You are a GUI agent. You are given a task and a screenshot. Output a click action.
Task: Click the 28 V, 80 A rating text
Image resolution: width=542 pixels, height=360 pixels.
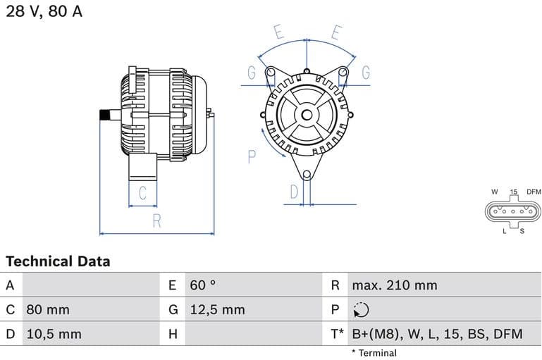(44, 12)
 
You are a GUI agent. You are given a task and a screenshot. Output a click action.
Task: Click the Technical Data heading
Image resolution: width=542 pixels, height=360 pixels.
(58, 261)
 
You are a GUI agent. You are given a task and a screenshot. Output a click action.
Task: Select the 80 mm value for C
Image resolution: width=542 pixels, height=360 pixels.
(48, 309)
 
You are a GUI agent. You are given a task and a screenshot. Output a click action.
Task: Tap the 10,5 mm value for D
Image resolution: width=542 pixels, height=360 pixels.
(54, 334)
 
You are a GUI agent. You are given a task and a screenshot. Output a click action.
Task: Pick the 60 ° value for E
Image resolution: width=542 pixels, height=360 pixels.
(202, 285)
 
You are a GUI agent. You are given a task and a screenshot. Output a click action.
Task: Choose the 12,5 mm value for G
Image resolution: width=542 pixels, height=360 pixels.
(217, 309)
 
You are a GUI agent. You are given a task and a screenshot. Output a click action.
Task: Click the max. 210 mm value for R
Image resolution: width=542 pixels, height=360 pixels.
(395, 285)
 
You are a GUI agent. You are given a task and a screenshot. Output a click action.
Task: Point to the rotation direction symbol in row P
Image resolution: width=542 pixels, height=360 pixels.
(360, 310)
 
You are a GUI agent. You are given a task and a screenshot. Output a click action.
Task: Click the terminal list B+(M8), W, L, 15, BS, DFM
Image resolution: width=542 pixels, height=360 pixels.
(437, 334)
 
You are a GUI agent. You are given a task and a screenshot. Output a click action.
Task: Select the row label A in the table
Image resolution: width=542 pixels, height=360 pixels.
(10, 285)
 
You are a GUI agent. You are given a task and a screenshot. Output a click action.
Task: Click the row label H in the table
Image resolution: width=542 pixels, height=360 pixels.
(172, 334)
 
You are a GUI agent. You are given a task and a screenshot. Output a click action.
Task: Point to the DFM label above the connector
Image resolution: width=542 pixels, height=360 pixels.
(534, 192)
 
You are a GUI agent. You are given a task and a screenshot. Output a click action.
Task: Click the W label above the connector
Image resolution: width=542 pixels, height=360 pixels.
(495, 192)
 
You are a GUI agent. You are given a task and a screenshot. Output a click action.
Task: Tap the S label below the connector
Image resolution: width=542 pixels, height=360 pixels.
(522, 230)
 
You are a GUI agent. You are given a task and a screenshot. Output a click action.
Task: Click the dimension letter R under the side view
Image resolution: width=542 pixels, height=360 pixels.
(156, 221)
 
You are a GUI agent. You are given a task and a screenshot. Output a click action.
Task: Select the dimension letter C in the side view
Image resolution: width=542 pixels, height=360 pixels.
(142, 193)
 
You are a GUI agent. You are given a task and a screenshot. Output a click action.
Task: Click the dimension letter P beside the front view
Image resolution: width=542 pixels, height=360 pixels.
(252, 156)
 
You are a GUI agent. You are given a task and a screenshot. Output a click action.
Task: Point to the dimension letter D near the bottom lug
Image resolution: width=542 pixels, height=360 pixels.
(295, 191)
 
